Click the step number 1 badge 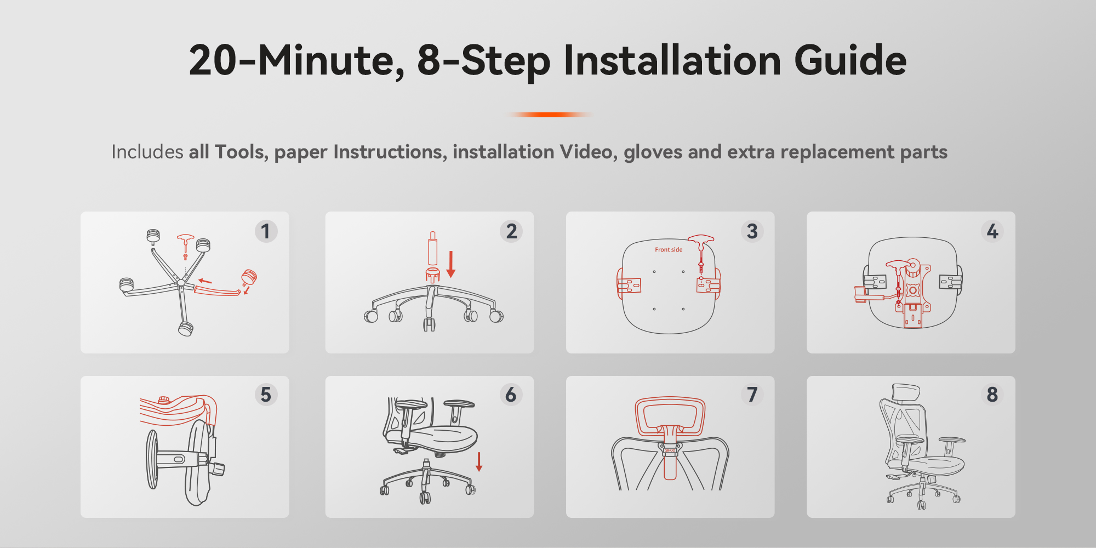(266, 231)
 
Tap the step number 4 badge (992, 231)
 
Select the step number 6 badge (511, 395)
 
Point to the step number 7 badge (752, 395)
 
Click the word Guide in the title (850, 60)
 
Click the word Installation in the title (672, 60)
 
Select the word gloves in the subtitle (653, 152)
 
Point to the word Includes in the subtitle (147, 152)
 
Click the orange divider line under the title (550, 115)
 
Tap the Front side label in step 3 (669, 250)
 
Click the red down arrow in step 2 (451, 264)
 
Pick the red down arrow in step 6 (479, 462)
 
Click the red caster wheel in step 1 (249, 277)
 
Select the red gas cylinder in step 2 (432, 249)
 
